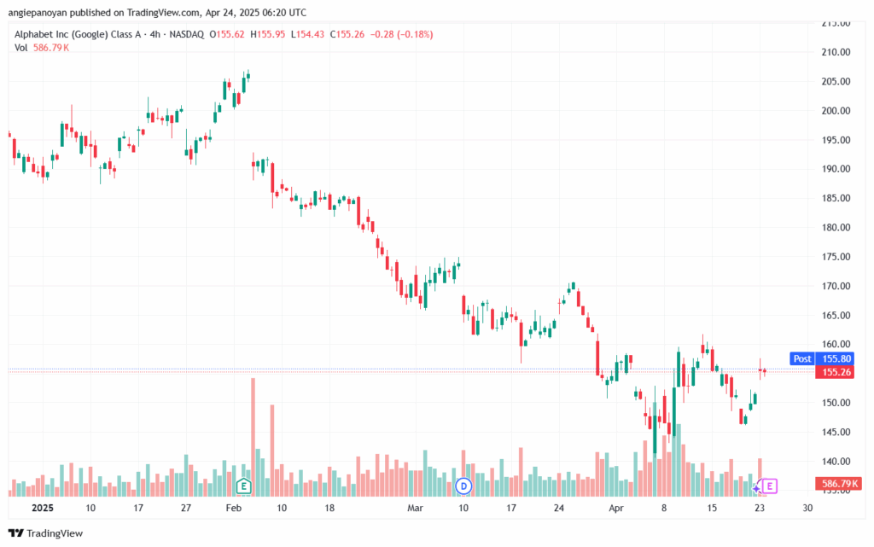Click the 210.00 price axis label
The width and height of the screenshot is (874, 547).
[x=836, y=52]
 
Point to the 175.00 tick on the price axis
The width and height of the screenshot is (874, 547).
[x=836, y=257]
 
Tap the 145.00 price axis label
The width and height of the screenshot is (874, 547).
[x=836, y=433]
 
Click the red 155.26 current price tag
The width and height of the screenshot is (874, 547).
[x=835, y=372]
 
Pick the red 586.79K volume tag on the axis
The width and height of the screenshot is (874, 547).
[x=836, y=484]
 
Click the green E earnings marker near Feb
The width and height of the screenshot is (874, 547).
[x=243, y=486]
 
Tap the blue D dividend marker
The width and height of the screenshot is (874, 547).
[x=463, y=486]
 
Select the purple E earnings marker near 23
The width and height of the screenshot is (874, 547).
[x=770, y=486]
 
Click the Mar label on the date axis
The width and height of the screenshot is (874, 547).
[x=416, y=508]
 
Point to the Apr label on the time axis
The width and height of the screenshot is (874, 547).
[x=616, y=508]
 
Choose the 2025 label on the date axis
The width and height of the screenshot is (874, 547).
[x=43, y=508]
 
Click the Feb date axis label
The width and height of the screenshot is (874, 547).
[x=234, y=508]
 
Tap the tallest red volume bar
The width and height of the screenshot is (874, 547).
[x=253, y=437]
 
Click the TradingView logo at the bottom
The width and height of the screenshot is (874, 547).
[x=46, y=533]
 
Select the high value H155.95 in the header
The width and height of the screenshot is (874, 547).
[x=267, y=34]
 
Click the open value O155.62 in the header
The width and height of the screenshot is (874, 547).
[x=227, y=34]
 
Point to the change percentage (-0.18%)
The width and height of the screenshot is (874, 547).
[x=415, y=34]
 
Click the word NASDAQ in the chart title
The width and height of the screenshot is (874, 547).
[x=187, y=34]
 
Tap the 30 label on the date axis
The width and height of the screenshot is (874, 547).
[x=807, y=508]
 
